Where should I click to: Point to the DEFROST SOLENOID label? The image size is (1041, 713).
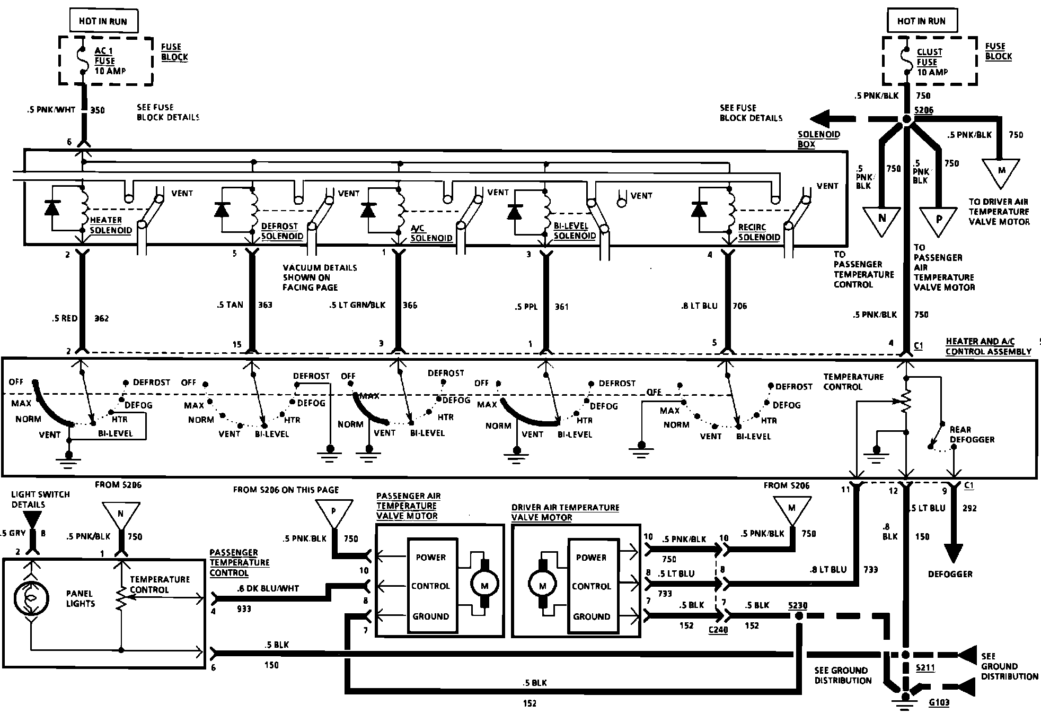281,231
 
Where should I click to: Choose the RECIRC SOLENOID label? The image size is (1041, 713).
758,232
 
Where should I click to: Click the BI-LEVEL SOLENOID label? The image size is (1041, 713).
574,231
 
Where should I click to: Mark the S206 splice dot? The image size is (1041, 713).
906,120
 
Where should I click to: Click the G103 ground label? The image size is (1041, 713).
939,702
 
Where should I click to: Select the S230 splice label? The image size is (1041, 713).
797,605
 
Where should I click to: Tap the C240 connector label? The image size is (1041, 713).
718,630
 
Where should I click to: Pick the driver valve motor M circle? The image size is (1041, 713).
542,586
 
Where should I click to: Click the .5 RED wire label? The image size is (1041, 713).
65,318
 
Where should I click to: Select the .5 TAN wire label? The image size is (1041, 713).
230,305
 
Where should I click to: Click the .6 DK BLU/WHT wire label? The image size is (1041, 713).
268,588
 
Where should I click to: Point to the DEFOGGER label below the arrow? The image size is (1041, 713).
950,574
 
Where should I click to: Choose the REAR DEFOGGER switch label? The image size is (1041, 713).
972,434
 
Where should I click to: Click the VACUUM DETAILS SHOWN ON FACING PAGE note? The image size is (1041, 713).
320,277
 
